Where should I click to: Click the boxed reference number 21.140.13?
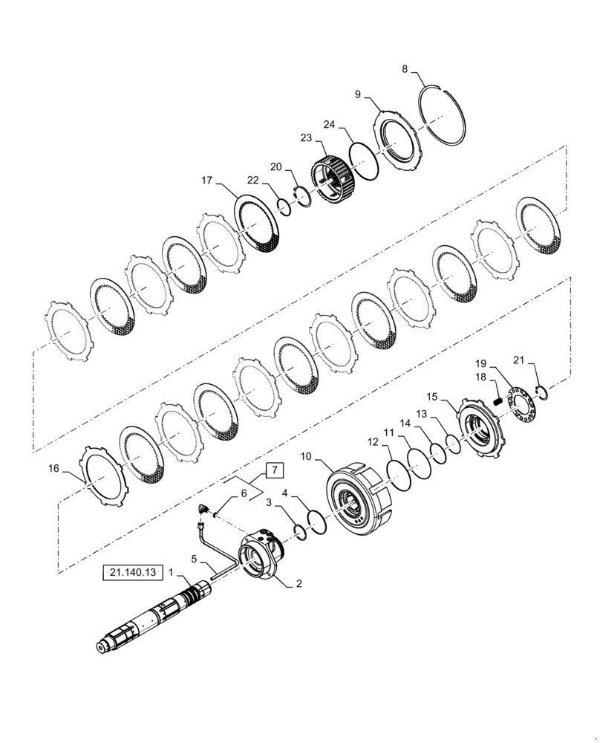point(131,573)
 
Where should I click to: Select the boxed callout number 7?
point(273,470)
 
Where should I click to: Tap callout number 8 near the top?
point(405,69)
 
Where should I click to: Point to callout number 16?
point(53,468)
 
